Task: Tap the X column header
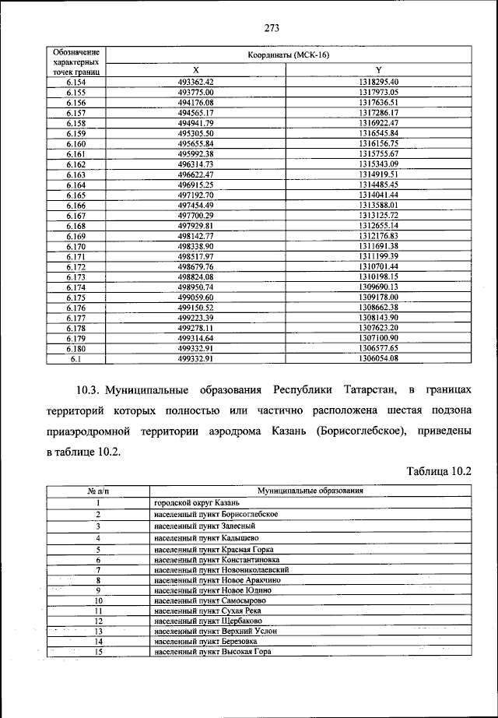click(195, 70)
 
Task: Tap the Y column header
click(378, 70)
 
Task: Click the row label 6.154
click(75, 81)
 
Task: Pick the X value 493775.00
click(195, 91)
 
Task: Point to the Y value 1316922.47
click(378, 122)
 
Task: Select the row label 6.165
click(75, 195)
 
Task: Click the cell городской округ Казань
click(187, 504)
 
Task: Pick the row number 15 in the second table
click(98, 652)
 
